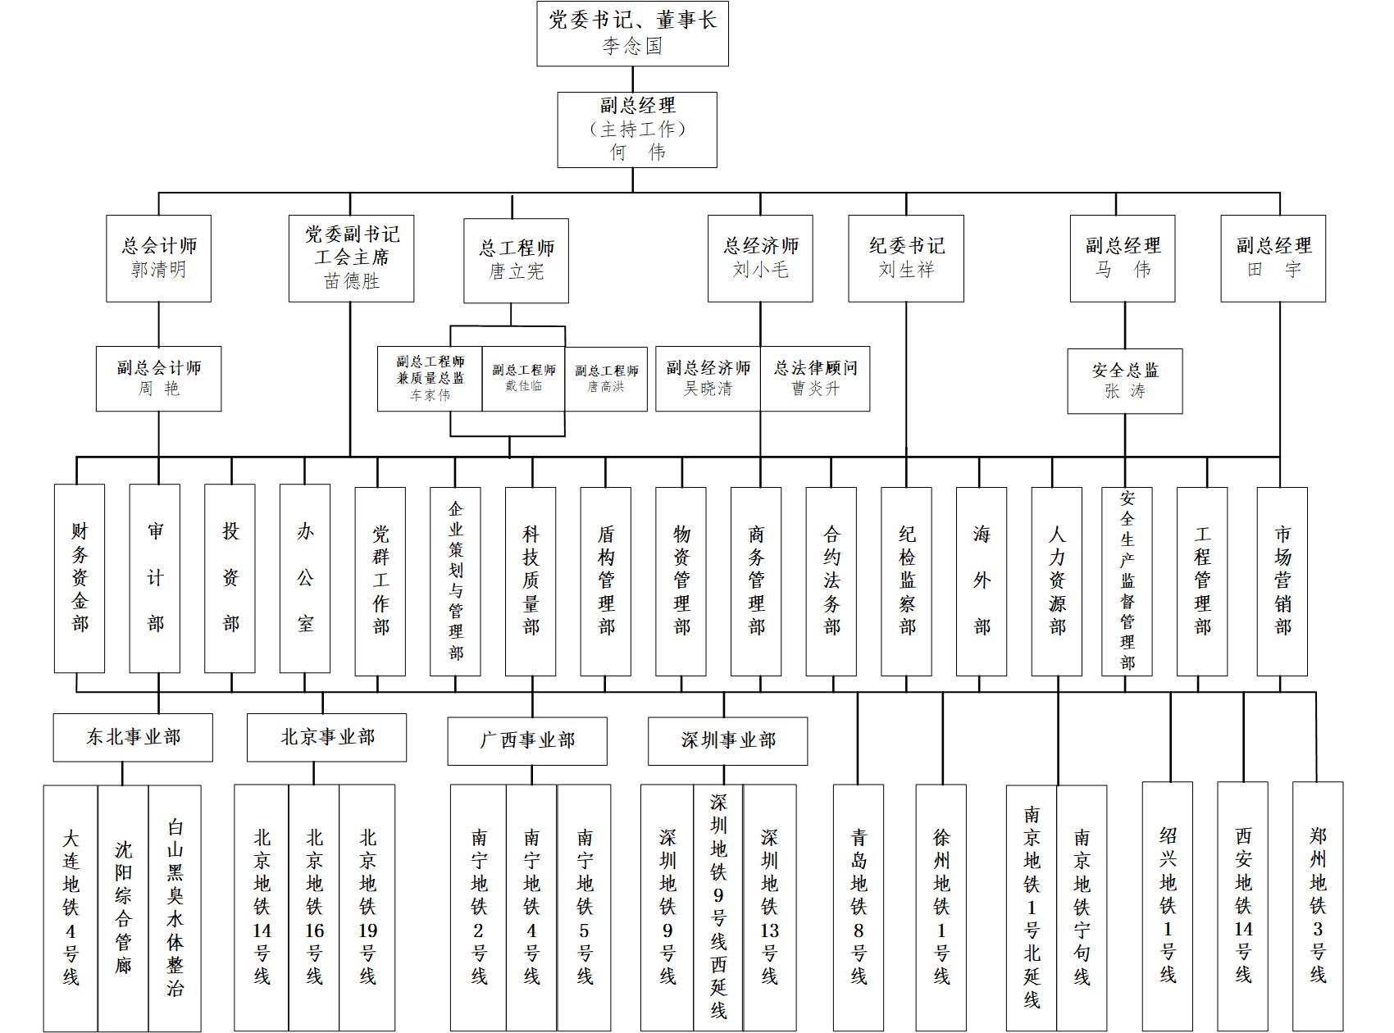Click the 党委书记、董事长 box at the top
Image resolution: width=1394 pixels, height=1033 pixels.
click(632, 34)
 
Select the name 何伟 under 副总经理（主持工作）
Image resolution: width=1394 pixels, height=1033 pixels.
click(637, 152)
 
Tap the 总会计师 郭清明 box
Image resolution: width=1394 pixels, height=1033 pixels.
click(158, 258)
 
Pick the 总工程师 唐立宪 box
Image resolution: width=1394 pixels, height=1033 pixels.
click(516, 260)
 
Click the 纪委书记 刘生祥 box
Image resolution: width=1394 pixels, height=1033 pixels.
click(906, 258)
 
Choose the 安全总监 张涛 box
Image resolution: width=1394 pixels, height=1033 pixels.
click(1124, 381)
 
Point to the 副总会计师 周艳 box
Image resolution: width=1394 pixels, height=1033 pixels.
click(158, 378)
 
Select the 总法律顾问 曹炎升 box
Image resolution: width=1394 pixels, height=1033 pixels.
click(815, 378)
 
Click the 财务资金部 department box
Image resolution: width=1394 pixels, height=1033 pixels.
click(80, 578)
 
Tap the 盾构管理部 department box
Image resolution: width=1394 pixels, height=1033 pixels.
click(606, 580)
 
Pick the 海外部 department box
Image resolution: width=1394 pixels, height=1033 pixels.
click(982, 580)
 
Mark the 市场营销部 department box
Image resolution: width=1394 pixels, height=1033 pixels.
click(1282, 580)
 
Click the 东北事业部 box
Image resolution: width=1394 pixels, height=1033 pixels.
click(133, 737)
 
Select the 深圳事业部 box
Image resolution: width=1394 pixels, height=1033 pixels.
click(727, 740)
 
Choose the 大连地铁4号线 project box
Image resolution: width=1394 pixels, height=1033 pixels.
click(71, 908)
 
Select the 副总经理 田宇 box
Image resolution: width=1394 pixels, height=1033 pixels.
click(1273, 258)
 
